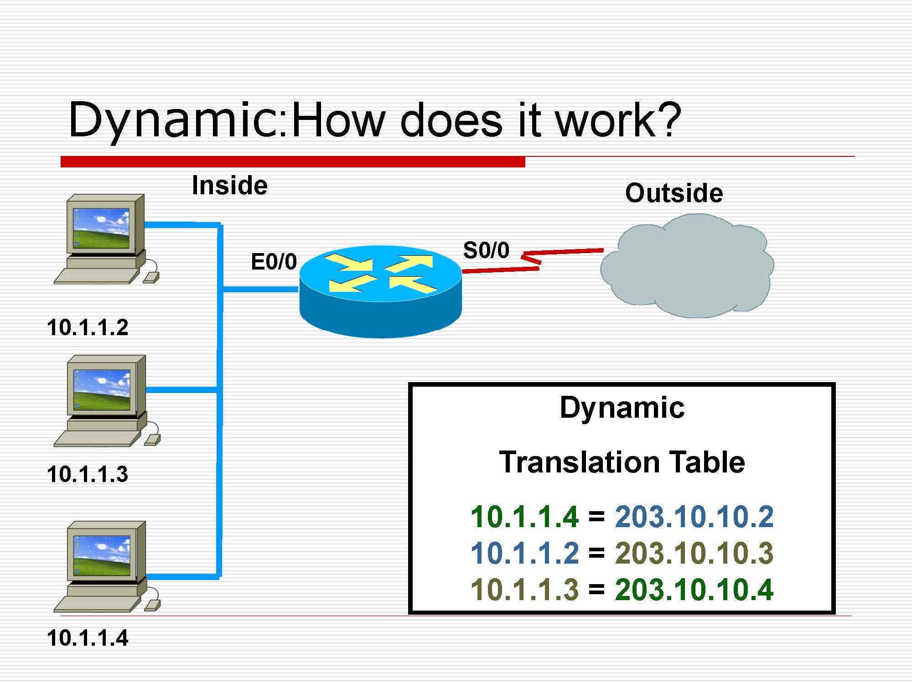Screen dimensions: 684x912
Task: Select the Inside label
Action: pyautogui.click(x=229, y=186)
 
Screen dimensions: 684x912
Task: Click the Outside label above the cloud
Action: pyautogui.click(x=674, y=193)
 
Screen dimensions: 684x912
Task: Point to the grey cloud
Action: pyautogui.click(x=687, y=267)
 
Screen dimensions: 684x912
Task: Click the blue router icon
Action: pyautogui.click(x=380, y=292)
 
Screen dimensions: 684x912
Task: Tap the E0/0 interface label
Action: pyautogui.click(x=274, y=262)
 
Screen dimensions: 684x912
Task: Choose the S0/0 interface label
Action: pyautogui.click(x=486, y=250)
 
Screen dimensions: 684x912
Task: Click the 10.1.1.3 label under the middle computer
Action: pyautogui.click(x=88, y=474)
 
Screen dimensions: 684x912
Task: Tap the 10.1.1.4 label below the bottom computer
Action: pyautogui.click(x=88, y=637)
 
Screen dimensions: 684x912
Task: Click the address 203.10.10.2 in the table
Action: pyautogui.click(x=694, y=517)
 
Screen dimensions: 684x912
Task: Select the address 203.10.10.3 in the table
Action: pyautogui.click(x=694, y=553)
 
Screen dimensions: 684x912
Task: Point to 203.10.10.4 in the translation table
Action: pyautogui.click(x=694, y=589)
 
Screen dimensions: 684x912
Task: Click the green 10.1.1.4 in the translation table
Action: pyautogui.click(x=524, y=517)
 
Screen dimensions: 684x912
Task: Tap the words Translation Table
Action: pyautogui.click(x=622, y=462)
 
